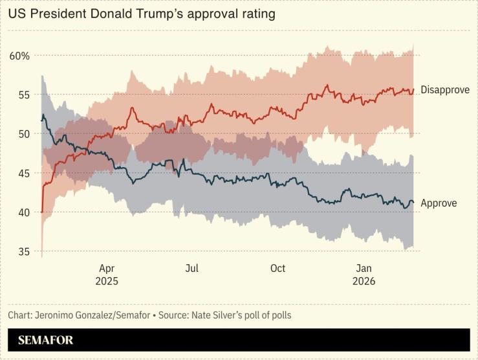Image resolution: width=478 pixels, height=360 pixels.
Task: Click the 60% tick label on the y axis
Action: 19,56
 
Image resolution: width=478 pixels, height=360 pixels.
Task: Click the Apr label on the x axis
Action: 107,268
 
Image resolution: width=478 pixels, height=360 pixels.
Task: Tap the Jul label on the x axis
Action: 191,268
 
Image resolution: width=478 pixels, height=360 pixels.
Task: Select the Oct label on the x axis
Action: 277,268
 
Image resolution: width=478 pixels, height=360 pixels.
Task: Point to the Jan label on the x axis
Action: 364,268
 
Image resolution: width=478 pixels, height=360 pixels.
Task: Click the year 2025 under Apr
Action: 107,282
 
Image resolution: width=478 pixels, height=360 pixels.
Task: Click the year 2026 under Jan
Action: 364,282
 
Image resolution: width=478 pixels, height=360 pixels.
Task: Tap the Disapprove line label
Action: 445,90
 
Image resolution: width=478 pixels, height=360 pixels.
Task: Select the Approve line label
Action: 439,203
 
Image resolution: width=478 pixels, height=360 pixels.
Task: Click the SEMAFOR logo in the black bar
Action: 46,340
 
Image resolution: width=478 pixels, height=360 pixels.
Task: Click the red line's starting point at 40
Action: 41,212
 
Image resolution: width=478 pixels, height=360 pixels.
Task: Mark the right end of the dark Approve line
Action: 413,202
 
